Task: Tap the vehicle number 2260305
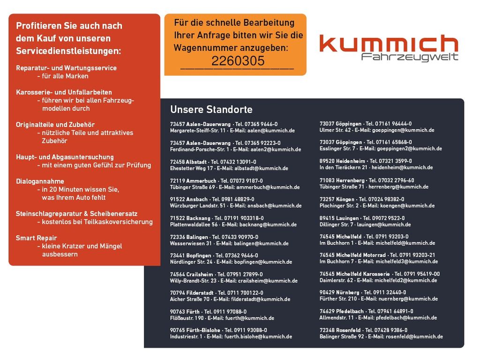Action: tap(238, 61)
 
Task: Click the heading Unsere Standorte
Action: tap(211, 110)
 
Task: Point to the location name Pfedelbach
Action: tap(350, 311)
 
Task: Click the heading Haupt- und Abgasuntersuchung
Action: tap(65, 157)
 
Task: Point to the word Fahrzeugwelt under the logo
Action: tap(410, 57)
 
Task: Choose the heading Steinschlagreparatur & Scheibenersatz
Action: tap(76, 213)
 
